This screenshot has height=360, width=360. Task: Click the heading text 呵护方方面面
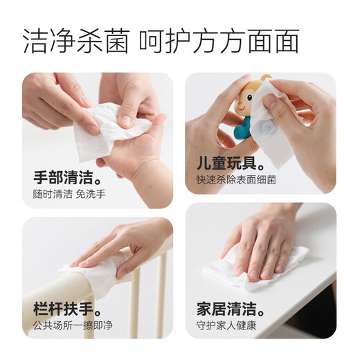(219, 42)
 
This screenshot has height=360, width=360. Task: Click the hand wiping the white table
(267, 239)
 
